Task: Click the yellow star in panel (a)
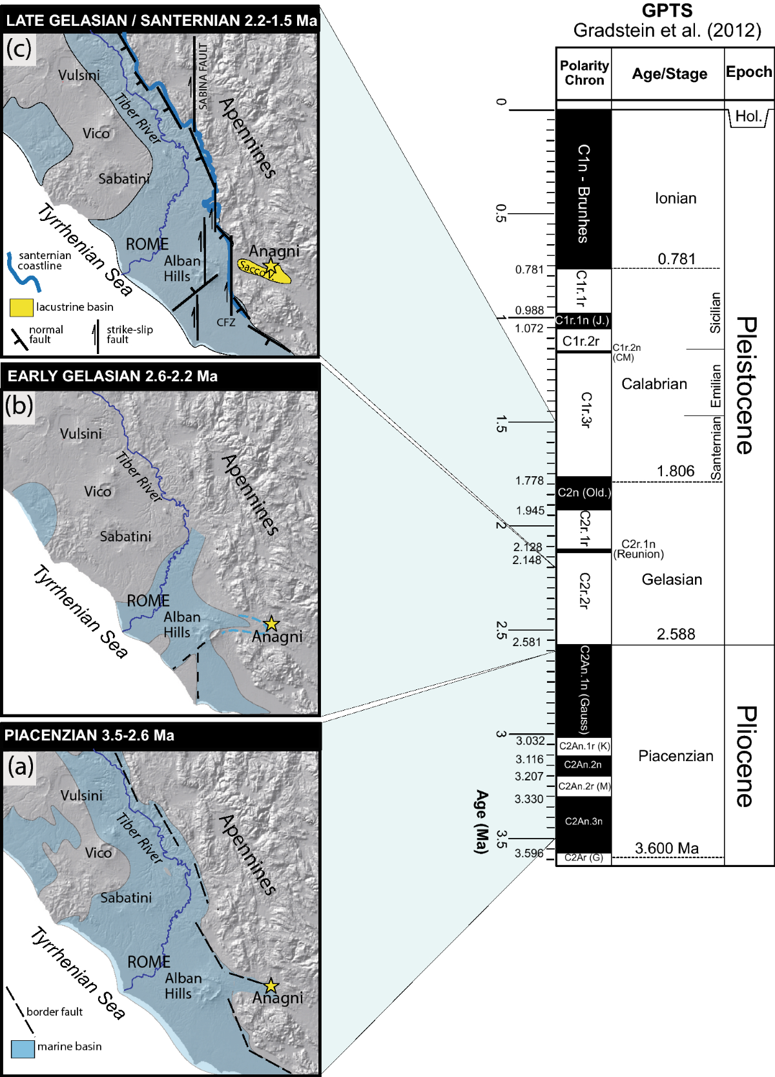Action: (x=271, y=985)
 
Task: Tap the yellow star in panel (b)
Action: (x=271, y=623)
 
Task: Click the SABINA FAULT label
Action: (x=203, y=76)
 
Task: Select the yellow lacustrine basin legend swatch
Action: (x=21, y=308)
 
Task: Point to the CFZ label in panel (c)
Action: (x=226, y=322)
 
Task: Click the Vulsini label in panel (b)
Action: (x=81, y=434)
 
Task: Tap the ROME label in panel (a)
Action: (x=149, y=962)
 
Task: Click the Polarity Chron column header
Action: (x=584, y=73)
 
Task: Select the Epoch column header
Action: (x=749, y=72)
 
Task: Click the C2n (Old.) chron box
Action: (x=584, y=492)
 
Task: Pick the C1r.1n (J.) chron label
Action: (x=583, y=320)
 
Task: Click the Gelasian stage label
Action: (x=672, y=580)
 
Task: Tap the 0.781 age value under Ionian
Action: (x=676, y=259)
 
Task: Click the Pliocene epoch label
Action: (x=746, y=756)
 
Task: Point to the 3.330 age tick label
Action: (x=529, y=799)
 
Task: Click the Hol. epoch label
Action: (x=748, y=116)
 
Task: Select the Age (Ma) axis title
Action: (x=481, y=821)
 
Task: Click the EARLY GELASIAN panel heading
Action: (x=112, y=376)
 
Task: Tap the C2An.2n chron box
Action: (x=583, y=764)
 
